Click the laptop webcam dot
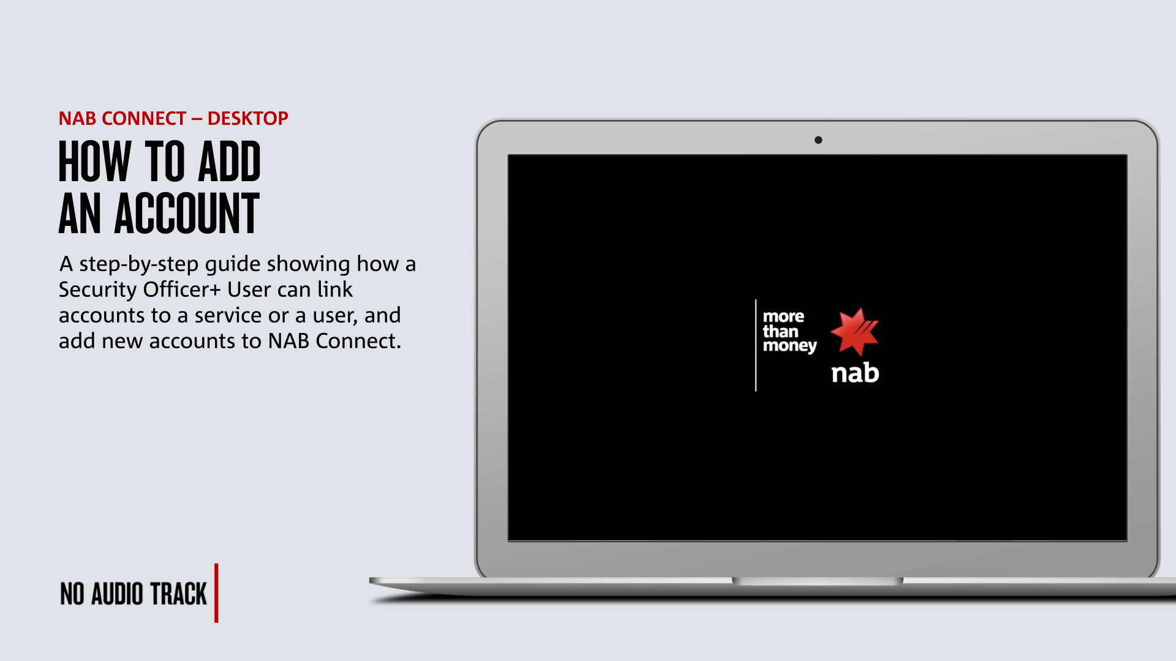[818, 140]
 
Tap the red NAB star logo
[854, 332]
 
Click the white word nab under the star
[855, 373]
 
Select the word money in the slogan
[790, 346]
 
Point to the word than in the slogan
[780, 331]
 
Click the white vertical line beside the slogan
[756, 345]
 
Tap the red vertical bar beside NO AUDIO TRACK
[216, 592]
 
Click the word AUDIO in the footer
[117, 594]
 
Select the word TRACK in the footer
[179, 594]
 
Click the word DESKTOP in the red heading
[247, 118]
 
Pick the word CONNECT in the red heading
[143, 118]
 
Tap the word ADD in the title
[230, 162]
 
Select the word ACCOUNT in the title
[187, 214]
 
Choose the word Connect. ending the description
[358, 341]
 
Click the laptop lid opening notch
[818, 581]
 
